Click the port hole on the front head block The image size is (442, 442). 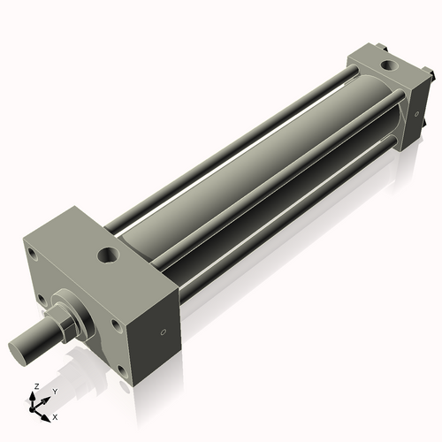[108, 256]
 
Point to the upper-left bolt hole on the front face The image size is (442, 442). [33, 257]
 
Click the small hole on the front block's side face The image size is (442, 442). [162, 333]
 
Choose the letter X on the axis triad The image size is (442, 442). [55, 415]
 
